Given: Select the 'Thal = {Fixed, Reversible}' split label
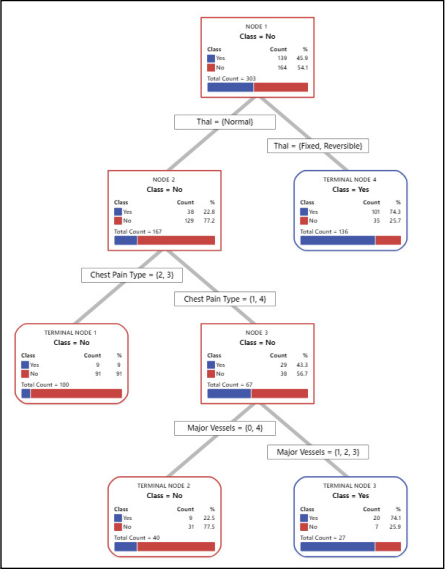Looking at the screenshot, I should [x=318, y=146].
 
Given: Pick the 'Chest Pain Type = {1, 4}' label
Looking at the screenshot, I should [x=222, y=298].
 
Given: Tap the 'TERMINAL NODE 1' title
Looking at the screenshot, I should [x=72, y=332].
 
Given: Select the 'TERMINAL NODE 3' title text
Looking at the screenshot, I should [x=350, y=486].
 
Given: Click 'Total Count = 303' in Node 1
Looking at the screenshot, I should [x=233, y=76].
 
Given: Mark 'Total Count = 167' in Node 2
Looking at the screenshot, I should [x=139, y=230].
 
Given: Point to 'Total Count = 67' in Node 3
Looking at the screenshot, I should [x=229, y=383].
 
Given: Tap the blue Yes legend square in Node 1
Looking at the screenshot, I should [x=211, y=58].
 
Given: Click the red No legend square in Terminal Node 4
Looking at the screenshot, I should [x=304, y=220].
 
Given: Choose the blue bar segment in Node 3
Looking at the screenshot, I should [x=229, y=394].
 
